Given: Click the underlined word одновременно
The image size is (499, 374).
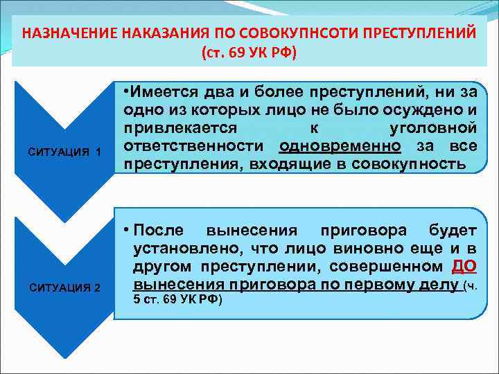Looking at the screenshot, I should pyautogui.click(x=340, y=146).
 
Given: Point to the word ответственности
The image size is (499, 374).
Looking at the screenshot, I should pyautogui.click(x=198, y=146).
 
